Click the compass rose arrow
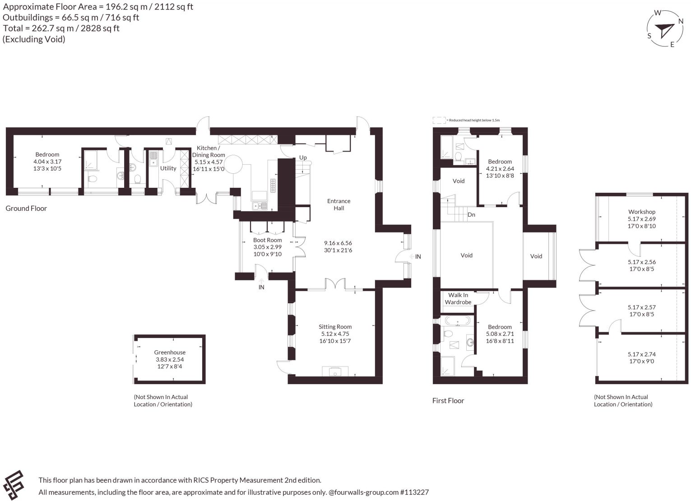click(x=666, y=31)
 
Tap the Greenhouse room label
click(x=170, y=353)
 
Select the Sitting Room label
click(x=335, y=327)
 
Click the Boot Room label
click(x=268, y=240)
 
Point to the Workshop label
click(x=642, y=212)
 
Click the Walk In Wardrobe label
click(x=458, y=299)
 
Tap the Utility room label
click(x=168, y=168)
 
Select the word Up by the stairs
click(x=303, y=158)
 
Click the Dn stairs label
click(x=471, y=215)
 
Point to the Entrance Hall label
click(x=339, y=204)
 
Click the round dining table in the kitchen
click(x=233, y=165)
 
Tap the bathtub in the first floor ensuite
click(x=458, y=320)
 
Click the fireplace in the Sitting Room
click(x=335, y=371)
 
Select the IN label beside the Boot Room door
click(x=261, y=287)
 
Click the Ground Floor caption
click(x=26, y=209)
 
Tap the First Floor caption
click(x=448, y=401)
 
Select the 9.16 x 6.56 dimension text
click(x=338, y=243)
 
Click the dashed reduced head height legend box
click(x=439, y=121)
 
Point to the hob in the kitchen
click(x=273, y=186)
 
